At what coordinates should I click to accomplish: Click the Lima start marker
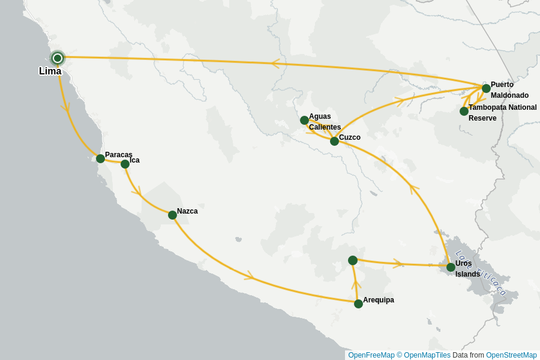pyautogui.click(x=58, y=58)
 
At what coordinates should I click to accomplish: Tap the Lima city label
pyautogui.click(x=50, y=71)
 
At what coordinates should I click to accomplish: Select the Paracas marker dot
pyautogui.click(x=100, y=158)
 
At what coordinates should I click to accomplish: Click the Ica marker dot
pyautogui.click(x=125, y=164)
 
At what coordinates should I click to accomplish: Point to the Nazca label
pyautogui.click(x=187, y=211)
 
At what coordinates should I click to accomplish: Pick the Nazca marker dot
pyautogui.click(x=172, y=215)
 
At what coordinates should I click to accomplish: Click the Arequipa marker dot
pyautogui.click(x=358, y=304)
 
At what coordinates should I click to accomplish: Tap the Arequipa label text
pyautogui.click(x=379, y=300)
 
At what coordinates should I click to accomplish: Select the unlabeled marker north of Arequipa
pyautogui.click(x=353, y=260)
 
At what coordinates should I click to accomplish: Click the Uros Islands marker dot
pyautogui.click(x=451, y=267)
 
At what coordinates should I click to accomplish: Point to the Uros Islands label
pyautogui.click(x=467, y=269)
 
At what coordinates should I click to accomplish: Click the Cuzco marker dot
pyautogui.click(x=334, y=141)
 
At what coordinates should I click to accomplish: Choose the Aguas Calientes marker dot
pyautogui.click(x=304, y=120)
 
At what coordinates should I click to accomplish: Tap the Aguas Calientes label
pyautogui.click(x=325, y=122)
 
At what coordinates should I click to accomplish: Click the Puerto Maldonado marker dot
pyautogui.click(x=486, y=88)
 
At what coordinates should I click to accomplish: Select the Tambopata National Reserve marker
pyautogui.click(x=464, y=111)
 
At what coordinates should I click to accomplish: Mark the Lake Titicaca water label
pyautogui.click(x=481, y=273)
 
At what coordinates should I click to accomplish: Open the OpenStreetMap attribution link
pyautogui.click(x=511, y=355)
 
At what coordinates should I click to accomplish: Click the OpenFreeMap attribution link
pyautogui.click(x=371, y=355)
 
